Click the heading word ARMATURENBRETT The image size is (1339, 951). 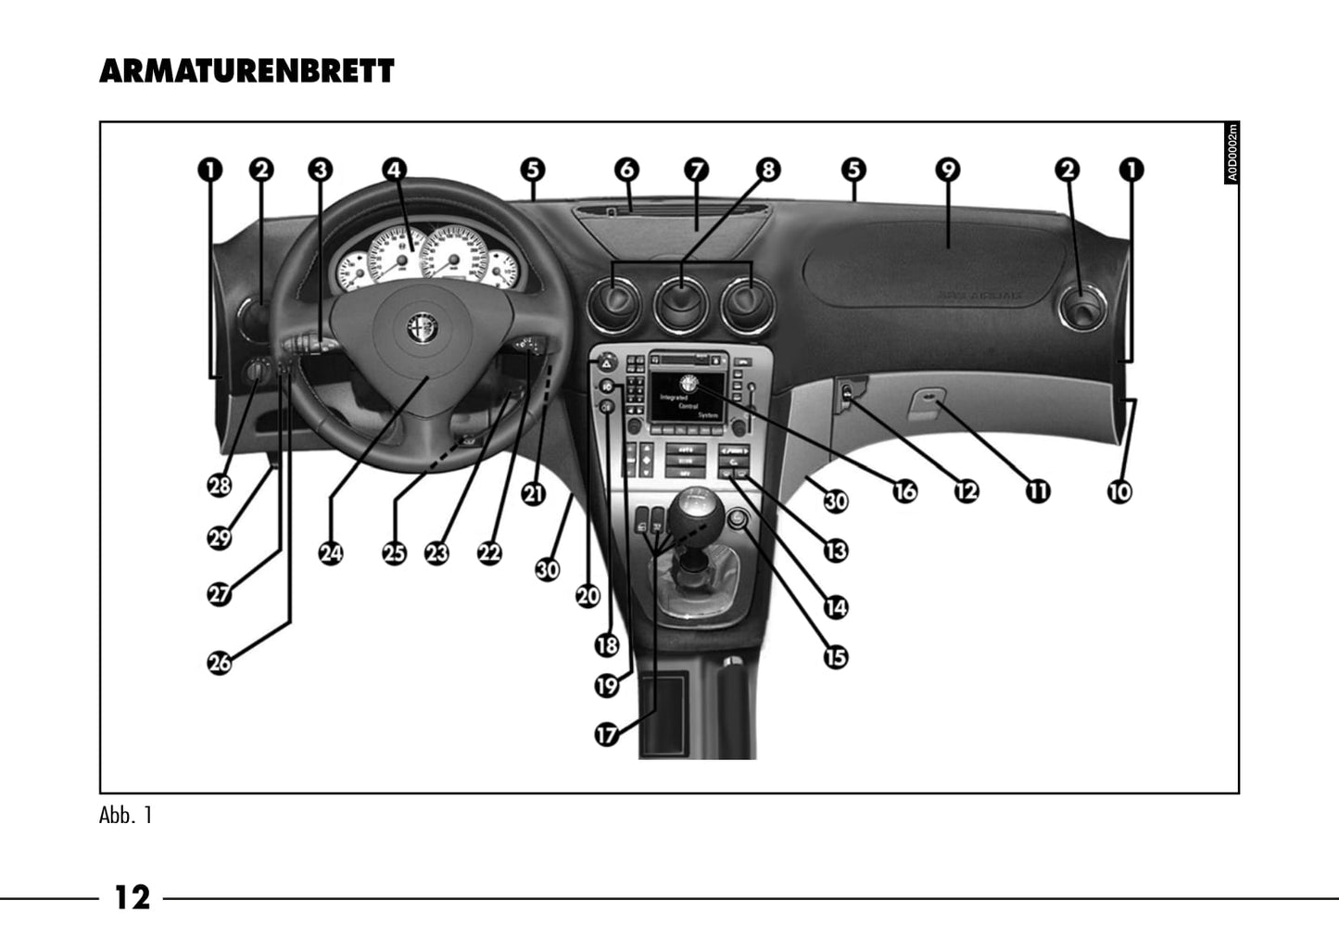pyautogui.click(x=246, y=71)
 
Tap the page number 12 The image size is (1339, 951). pyautogui.click(x=132, y=897)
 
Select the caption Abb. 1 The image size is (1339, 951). pyautogui.click(x=125, y=816)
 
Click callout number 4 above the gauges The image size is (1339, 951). pyautogui.click(x=395, y=170)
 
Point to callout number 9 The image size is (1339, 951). pyautogui.click(x=947, y=170)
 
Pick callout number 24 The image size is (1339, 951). pyautogui.click(x=331, y=553)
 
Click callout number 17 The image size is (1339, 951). pyautogui.click(x=606, y=734)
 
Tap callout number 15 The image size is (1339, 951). pyautogui.click(x=836, y=656)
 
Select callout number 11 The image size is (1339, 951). pyautogui.click(x=1038, y=490)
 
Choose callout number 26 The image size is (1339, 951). pyautogui.click(x=220, y=662)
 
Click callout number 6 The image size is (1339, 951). pyautogui.click(x=626, y=170)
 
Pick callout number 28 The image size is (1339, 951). pyautogui.click(x=220, y=485)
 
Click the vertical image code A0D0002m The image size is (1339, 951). pyautogui.click(x=1232, y=154)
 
